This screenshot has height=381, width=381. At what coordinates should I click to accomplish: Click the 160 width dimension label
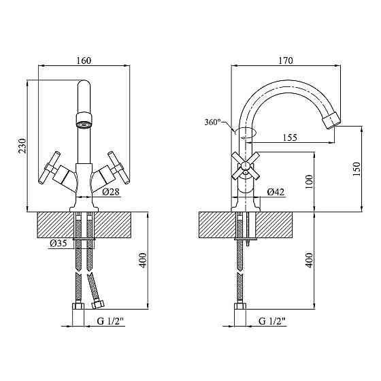pos(84,61)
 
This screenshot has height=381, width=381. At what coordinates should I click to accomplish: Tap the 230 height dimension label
pos(22,146)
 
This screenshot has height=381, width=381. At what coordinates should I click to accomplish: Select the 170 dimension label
pos(286,61)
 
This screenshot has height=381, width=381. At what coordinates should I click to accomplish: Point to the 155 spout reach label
pos(290,137)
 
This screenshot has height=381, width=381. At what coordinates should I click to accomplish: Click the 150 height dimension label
pos(357,169)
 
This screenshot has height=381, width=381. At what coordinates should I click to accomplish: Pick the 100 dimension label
pos(309,182)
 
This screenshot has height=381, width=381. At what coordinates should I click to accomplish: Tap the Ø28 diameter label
pos(111,192)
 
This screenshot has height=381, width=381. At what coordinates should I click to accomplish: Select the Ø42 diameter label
pos(276,192)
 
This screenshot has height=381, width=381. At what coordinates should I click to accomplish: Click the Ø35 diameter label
pos(58,244)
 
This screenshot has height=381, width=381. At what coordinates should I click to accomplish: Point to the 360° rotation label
pos(212,122)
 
